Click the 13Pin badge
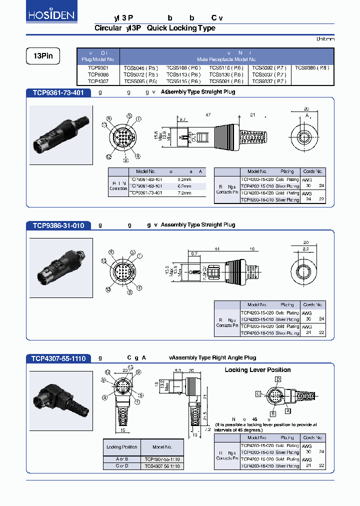point(42,56)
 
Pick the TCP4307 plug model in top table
point(97,81)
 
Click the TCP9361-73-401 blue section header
point(58,92)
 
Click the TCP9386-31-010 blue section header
point(58,225)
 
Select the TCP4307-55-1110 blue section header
point(58,358)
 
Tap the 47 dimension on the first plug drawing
point(208,115)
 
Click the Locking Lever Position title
point(257,370)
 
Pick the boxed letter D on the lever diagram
point(277,380)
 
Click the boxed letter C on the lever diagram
point(258,394)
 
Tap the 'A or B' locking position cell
point(121,459)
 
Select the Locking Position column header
point(121,447)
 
